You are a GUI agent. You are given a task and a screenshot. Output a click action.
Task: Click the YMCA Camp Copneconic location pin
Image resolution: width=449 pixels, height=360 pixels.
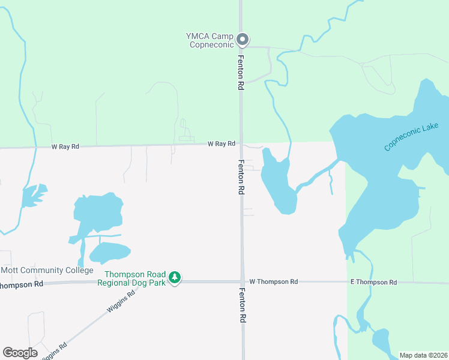click(x=243, y=40)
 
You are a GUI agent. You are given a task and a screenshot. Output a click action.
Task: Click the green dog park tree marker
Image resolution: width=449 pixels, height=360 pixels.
click(x=175, y=277)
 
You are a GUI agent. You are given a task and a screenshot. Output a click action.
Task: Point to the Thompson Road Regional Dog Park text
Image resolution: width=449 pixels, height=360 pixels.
click(x=131, y=278)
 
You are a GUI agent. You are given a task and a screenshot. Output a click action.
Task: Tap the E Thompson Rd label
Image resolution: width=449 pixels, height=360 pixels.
click(x=373, y=282)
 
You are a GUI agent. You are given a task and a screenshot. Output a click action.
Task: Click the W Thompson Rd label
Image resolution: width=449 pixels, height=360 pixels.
click(x=273, y=281)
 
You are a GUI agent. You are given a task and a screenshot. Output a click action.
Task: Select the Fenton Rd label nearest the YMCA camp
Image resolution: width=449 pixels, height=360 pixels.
click(x=241, y=73)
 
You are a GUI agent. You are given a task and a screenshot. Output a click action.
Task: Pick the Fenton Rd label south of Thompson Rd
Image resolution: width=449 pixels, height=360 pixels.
click(x=242, y=305)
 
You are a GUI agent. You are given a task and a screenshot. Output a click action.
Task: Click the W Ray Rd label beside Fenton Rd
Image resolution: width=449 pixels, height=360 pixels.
click(x=221, y=144)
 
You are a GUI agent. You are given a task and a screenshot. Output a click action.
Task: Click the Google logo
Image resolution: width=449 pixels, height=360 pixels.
click(x=20, y=352)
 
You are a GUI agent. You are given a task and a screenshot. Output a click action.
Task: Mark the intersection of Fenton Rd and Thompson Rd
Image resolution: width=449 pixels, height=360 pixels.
click(x=242, y=281)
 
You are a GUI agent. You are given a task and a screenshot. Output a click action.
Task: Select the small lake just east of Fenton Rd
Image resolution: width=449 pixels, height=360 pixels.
click(x=277, y=183)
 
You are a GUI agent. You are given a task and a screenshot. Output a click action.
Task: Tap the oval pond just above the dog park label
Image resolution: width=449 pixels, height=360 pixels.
click(x=110, y=253)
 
